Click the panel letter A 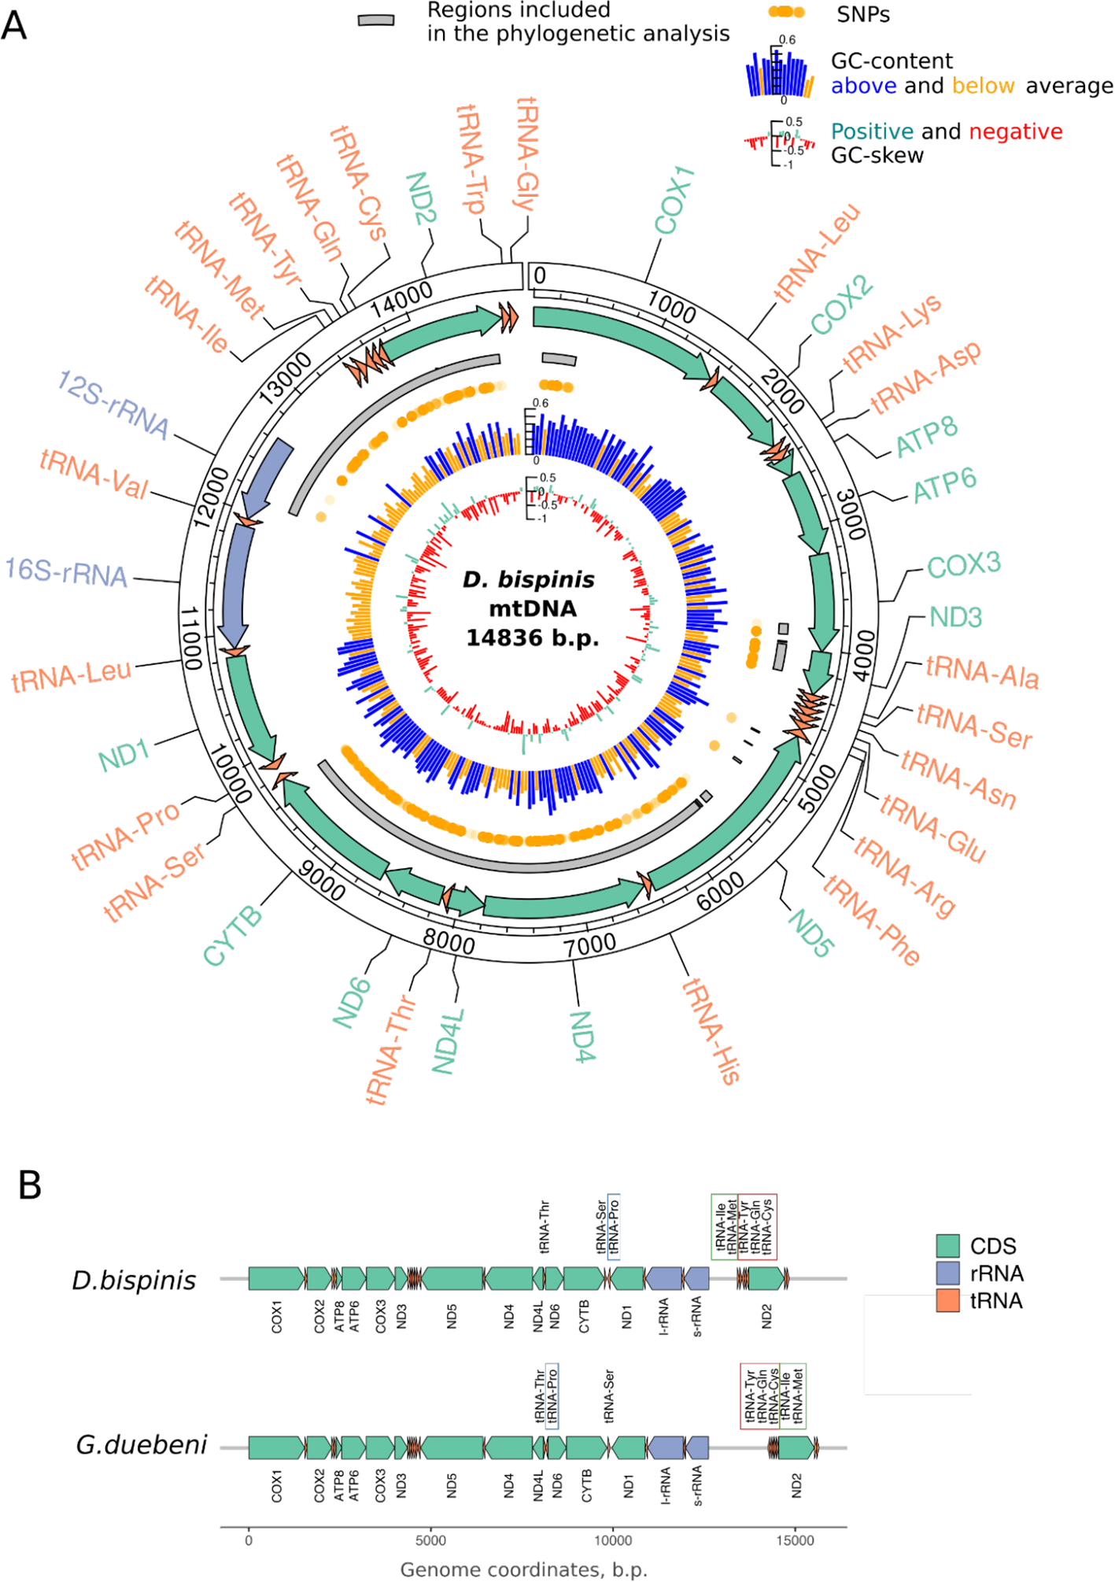(14, 25)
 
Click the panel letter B (30, 1185)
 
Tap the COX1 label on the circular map (674, 200)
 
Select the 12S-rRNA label (113, 404)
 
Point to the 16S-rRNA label (66, 572)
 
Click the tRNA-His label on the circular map (710, 1031)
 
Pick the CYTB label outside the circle (232, 935)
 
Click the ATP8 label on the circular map (927, 436)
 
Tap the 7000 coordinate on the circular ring (590, 944)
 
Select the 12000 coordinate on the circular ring (212, 497)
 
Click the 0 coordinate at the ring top (540, 276)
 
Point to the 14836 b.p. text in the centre (532, 638)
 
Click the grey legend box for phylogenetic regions (376, 20)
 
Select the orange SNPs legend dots (786, 12)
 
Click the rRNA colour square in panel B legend (948, 1273)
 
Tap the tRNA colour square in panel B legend (948, 1300)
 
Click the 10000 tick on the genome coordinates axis (612, 1540)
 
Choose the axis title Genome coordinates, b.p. (523, 1569)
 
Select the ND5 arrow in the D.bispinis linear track (452, 1278)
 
